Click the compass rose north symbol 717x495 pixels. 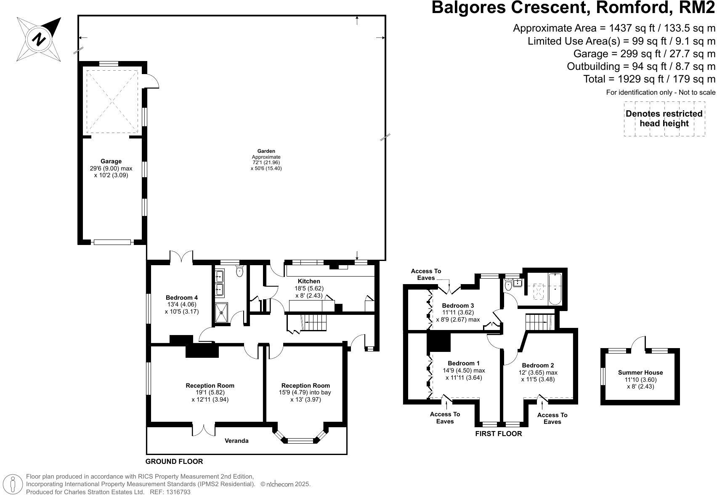pos(39,40)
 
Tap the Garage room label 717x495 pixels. pos(111,161)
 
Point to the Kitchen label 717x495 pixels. pos(309,281)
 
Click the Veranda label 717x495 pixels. pos(236,441)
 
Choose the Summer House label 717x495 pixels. pos(640,373)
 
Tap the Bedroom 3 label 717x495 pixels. pos(458,306)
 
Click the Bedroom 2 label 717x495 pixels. pos(538,365)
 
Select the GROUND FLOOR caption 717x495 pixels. pos(174,461)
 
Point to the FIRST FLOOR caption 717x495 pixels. pos(498,434)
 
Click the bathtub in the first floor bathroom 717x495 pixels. pos(555,289)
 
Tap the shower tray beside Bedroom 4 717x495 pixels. pos(221,312)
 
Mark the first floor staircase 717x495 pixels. pos(540,322)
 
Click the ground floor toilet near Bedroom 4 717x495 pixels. pos(239,271)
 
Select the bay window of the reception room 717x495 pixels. pos(300,436)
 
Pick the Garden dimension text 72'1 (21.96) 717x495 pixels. pos(266,162)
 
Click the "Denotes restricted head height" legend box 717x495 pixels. pos(664,118)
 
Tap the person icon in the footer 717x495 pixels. pos(13,484)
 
